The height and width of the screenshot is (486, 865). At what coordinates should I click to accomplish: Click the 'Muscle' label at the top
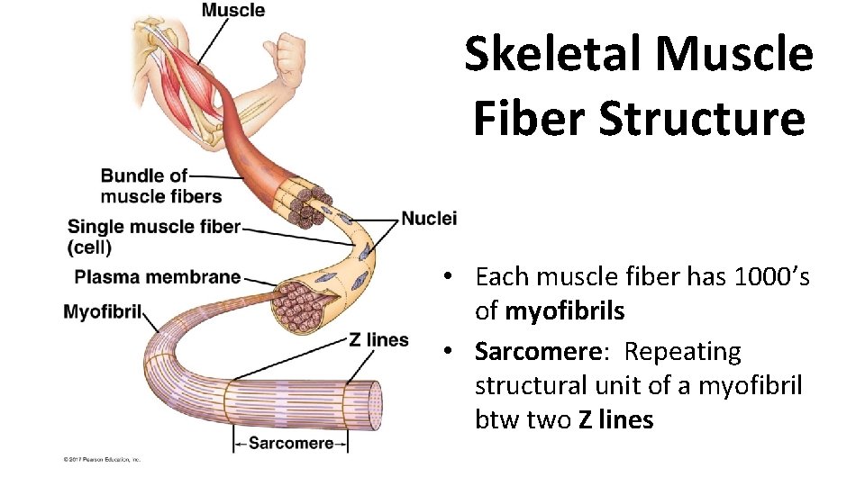(232, 11)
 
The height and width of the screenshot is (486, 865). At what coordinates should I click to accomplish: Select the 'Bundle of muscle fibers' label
(159, 186)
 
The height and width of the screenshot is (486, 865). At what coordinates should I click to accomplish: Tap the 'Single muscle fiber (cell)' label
(154, 236)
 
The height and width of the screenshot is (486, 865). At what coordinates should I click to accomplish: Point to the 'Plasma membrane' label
(158, 277)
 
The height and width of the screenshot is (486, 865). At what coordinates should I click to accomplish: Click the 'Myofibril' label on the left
(103, 312)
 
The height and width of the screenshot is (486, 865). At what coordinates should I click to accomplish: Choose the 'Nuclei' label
(429, 218)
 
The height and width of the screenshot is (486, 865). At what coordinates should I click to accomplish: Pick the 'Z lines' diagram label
(378, 339)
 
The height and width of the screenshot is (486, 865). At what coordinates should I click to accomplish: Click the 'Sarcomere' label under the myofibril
(290, 443)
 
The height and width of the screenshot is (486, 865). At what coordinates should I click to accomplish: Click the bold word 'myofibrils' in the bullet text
(565, 311)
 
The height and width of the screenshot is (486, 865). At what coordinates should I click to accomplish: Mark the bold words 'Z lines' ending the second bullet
(615, 419)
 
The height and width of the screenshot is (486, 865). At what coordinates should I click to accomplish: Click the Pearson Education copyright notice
(102, 460)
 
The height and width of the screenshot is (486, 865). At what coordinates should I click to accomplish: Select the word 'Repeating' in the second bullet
(682, 351)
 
